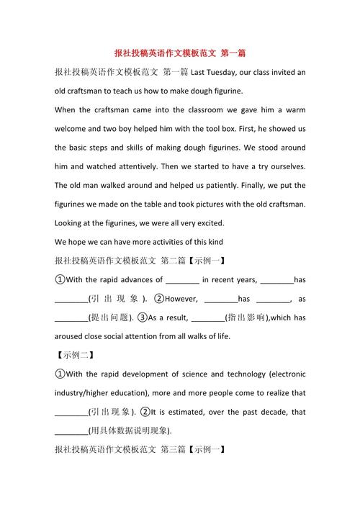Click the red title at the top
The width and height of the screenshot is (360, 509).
click(180, 53)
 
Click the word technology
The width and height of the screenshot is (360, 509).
click(246, 374)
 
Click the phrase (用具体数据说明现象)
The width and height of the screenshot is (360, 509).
click(130, 431)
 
